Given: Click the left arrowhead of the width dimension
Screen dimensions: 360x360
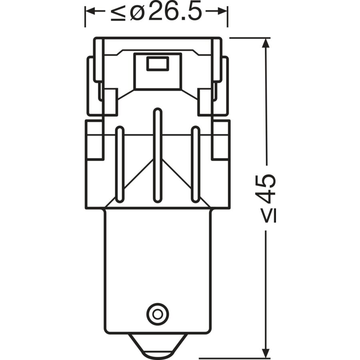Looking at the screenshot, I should click(x=90, y=12).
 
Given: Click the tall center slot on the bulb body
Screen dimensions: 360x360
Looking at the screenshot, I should click(x=158, y=156).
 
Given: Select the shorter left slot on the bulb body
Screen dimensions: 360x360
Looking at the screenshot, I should click(x=119, y=164).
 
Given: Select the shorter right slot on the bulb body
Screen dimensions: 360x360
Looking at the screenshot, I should click(x=195, y=164).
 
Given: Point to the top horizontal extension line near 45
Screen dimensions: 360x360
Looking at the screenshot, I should click(x=248, y=38).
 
